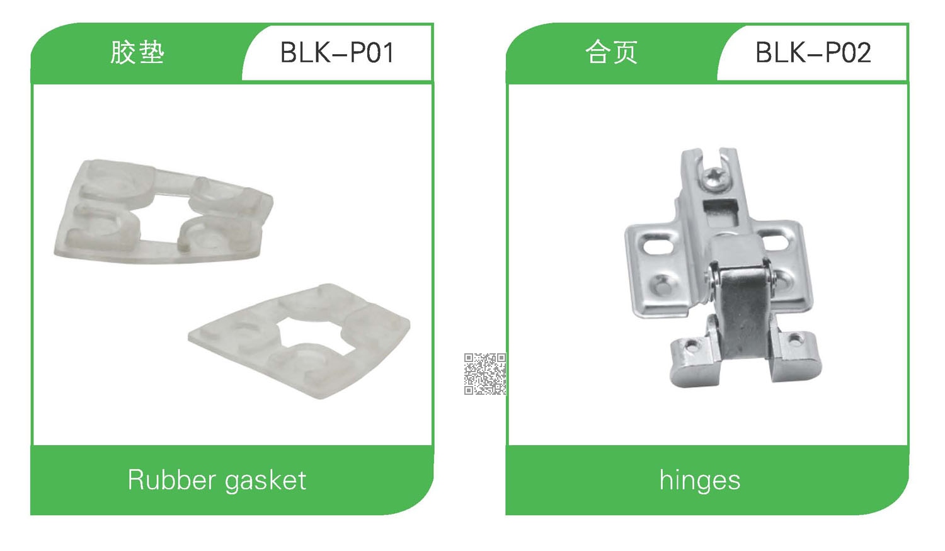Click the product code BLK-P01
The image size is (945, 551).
pos(337,53)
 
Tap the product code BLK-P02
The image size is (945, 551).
pos(813,53)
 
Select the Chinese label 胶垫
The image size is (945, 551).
pos(137,53)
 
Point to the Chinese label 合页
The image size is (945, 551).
pos(611,53)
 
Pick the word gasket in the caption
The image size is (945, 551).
pos(265,482)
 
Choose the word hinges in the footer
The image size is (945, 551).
pos(700,481)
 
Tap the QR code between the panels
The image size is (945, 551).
pos(485,374)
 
